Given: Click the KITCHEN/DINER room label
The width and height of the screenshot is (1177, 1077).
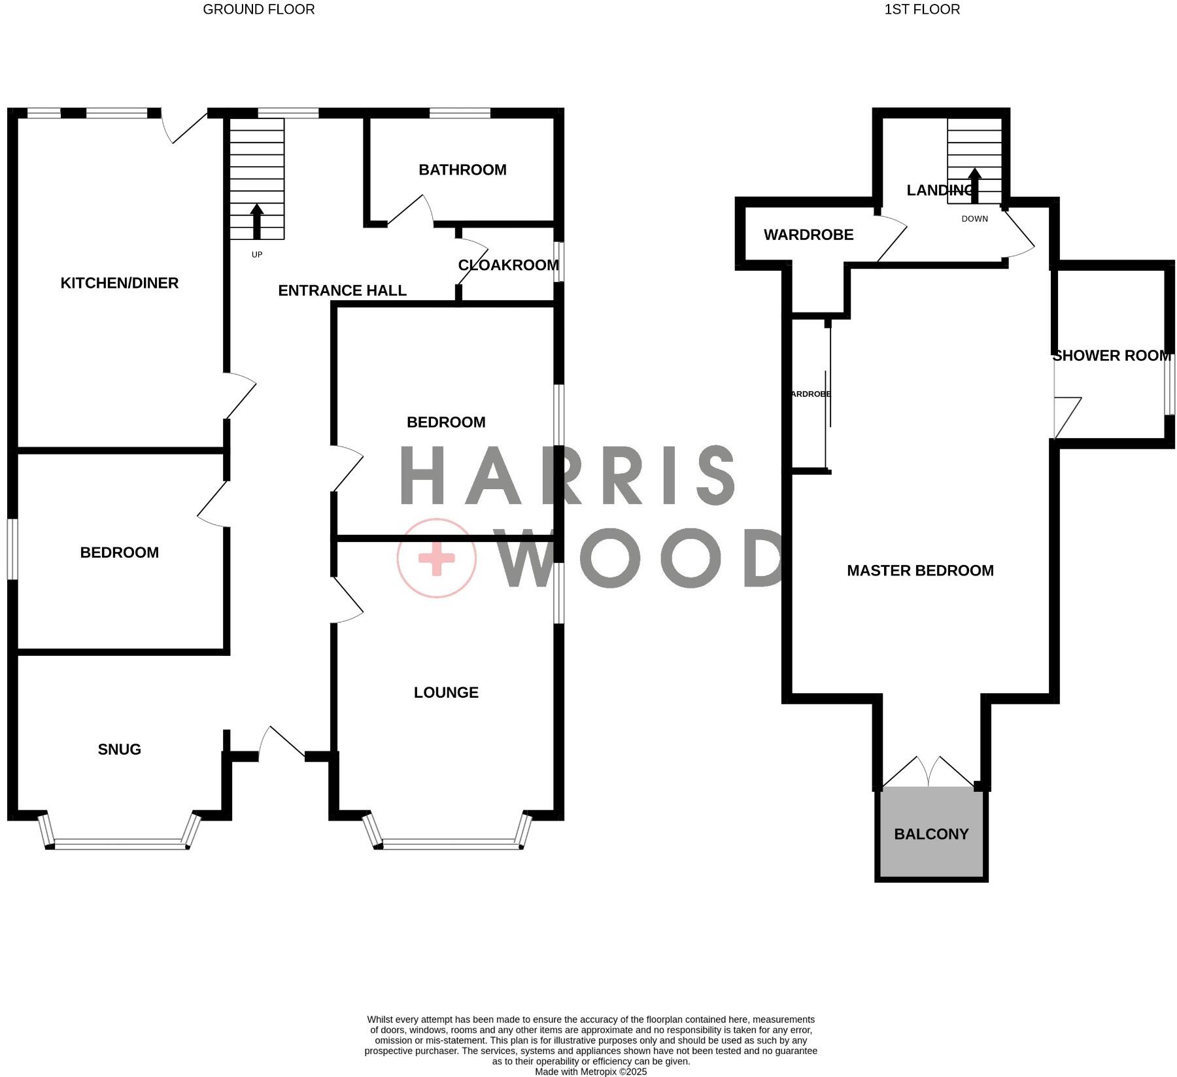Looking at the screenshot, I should [x=119, y=283].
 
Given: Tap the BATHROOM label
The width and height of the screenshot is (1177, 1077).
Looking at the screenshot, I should [x=462, y=170].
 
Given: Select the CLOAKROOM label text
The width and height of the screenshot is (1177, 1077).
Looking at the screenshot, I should [x=508, y=265].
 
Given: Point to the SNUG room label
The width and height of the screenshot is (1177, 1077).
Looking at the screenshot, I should [x=119, y=749].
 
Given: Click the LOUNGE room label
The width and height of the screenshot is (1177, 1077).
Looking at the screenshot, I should [x=446, y=692].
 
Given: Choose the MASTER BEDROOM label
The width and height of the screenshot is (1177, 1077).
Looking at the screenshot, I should [x=919, y=571].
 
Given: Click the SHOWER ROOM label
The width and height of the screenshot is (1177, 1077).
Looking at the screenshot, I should [x=1111, y=356].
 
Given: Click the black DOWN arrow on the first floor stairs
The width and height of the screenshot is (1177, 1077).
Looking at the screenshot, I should [x=974, y=185].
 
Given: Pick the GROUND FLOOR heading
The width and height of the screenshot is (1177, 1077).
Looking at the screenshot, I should [x=258, y=10].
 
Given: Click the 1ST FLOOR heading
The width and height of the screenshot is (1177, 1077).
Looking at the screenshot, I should [x=921, y=10].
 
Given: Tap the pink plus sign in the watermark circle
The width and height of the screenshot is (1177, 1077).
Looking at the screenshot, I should [x=436, y=558].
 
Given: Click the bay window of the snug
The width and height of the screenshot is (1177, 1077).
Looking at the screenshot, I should [x=119, y=844].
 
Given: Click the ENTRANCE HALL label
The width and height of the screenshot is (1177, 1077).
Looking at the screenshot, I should [x=342, y=291].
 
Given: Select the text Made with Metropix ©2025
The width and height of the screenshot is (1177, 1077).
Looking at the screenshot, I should [x=590, y=1072].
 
